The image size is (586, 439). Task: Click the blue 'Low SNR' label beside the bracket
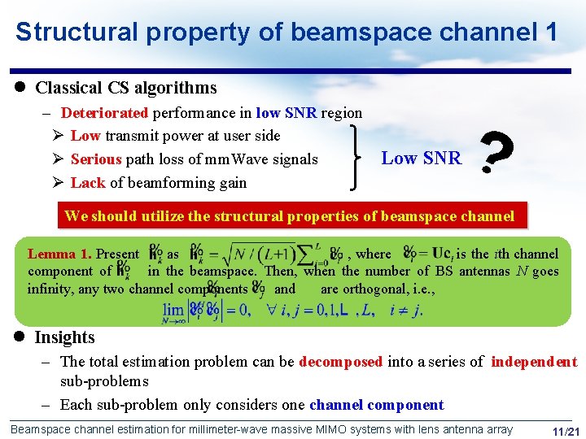421,159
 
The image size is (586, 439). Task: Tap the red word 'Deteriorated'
104,113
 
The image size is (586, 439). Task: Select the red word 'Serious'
95,159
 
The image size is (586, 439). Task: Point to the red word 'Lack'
88,183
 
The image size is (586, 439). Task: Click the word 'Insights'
64,337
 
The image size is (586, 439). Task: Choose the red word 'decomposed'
340,362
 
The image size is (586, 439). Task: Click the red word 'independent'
533,362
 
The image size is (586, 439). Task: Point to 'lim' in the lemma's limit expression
173,309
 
